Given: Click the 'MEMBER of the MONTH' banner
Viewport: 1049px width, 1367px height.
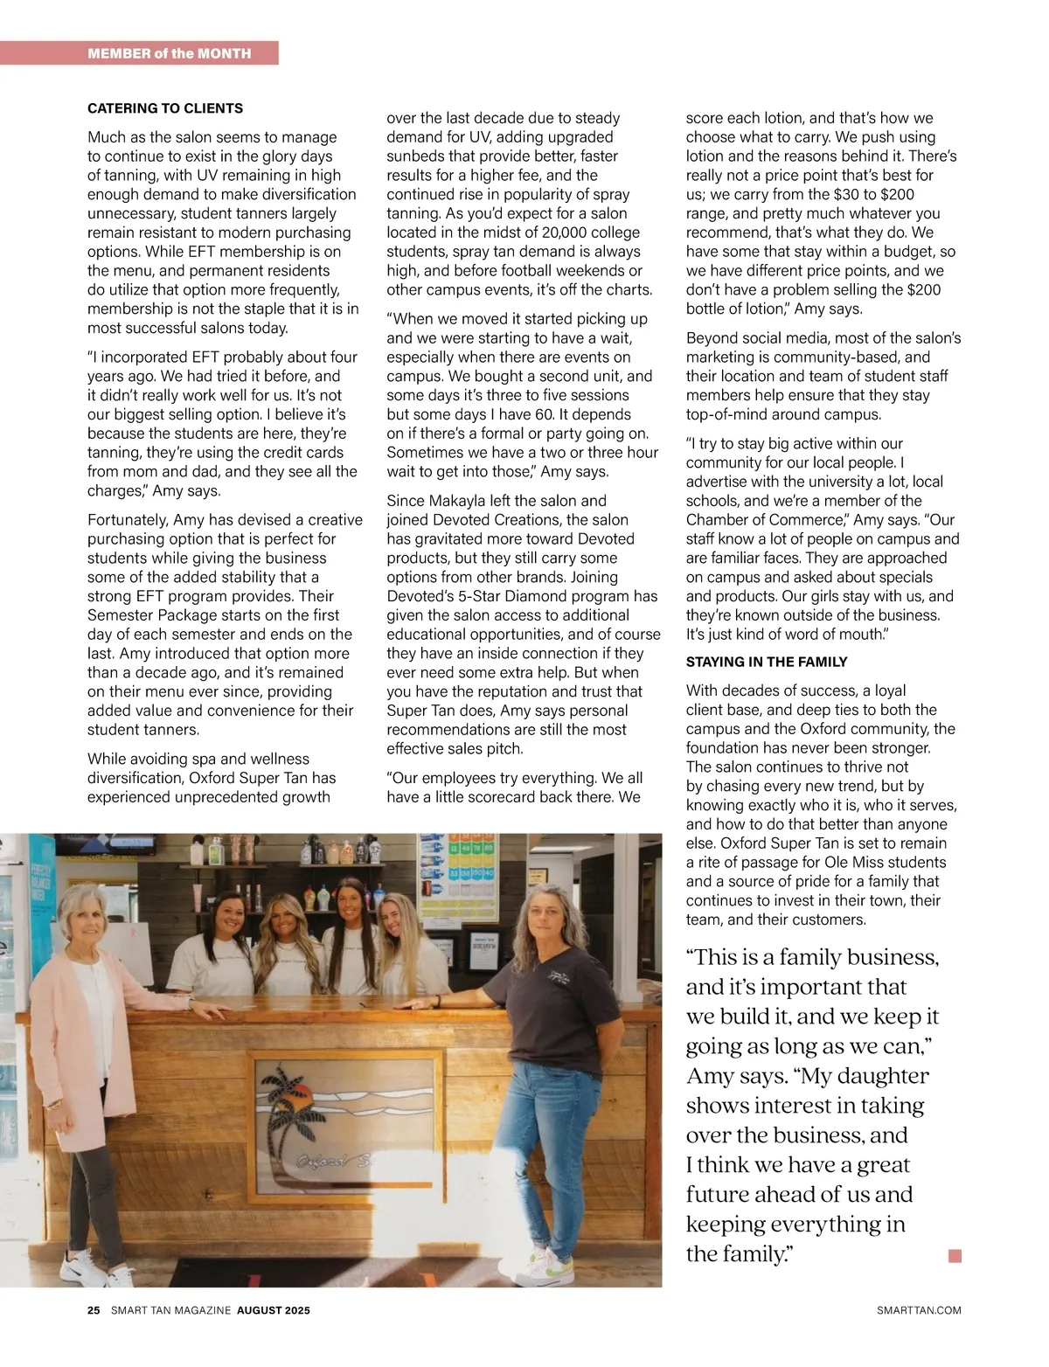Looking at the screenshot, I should [170, 53].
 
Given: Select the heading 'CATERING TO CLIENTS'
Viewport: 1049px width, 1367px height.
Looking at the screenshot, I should [165, 108].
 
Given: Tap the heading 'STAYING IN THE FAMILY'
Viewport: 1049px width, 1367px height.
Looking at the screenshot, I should [767, 662].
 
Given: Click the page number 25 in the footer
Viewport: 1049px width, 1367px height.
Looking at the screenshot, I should [94, 1310].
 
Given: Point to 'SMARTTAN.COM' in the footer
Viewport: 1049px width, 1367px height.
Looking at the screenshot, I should [918, 1310].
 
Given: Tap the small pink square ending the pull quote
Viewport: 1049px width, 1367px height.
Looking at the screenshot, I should [955, 1256].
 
